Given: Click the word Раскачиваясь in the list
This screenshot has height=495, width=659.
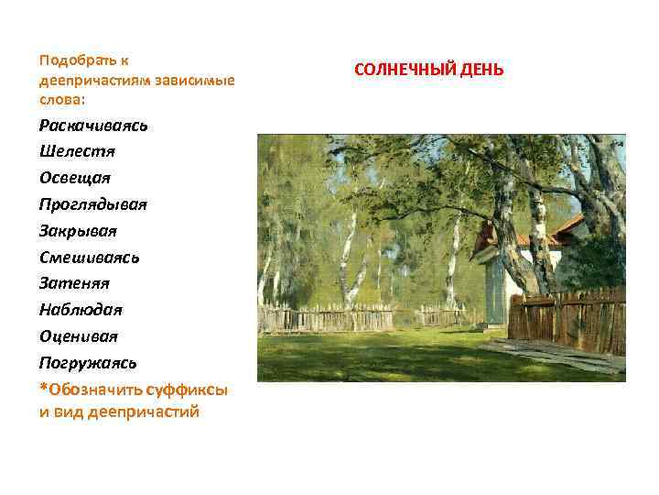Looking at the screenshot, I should point(93,125).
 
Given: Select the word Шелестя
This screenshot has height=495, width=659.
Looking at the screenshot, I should point(77,150).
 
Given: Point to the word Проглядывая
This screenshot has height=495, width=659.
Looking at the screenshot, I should point(92,203).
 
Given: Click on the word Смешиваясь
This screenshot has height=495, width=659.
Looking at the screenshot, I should point(89,257).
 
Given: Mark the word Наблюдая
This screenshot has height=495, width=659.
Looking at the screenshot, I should point(81,310).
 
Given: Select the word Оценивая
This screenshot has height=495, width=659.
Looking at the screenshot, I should point(79,335).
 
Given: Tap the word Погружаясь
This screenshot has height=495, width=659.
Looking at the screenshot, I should point(88,362).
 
